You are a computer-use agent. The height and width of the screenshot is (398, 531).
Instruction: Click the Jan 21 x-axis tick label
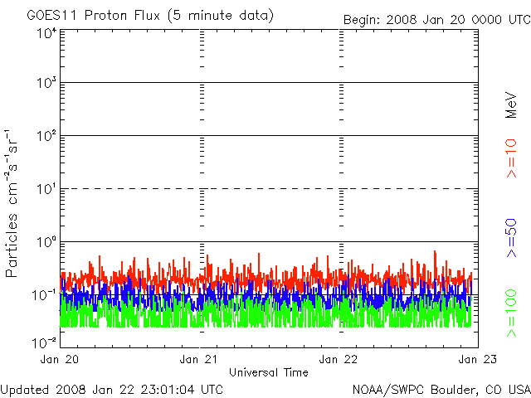(199, 359)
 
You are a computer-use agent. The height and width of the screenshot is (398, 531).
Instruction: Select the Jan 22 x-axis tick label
(339, 359)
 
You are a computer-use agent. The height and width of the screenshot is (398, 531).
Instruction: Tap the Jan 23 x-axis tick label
(470, 359)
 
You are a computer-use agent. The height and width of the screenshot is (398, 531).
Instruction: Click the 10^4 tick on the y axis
(47, 33)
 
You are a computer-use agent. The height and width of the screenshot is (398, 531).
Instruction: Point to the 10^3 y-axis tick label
(47, 84)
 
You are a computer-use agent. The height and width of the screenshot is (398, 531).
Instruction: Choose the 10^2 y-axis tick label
(47, 137)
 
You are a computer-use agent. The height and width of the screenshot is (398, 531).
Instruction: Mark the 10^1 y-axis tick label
(47, 190)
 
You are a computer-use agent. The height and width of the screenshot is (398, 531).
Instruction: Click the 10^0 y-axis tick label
(47, 242)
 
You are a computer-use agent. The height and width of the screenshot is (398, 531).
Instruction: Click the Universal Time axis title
(268, 372)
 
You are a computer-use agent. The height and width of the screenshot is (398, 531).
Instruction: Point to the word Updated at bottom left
(25, 389)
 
